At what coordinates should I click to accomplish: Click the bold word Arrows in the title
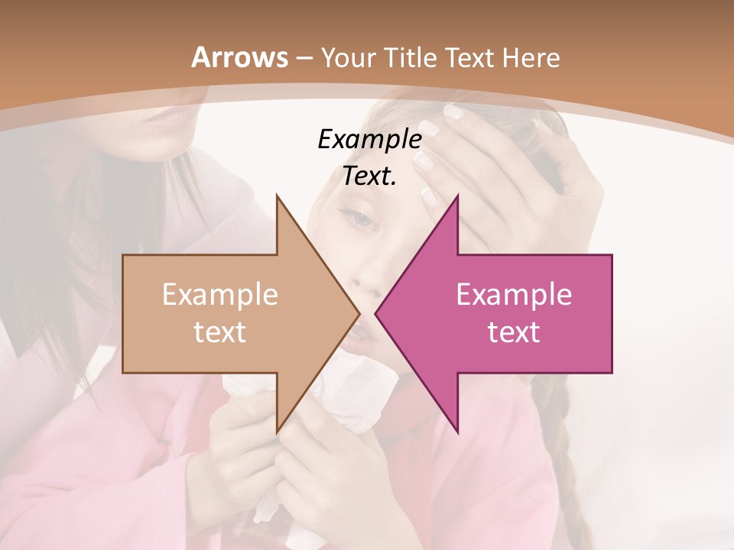pos(239,57)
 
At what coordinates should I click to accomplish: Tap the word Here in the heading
pos(531,57)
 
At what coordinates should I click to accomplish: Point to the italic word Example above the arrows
pos(369,139)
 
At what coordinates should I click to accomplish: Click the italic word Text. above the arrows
pos(369,176)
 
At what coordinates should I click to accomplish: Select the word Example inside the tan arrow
pos(220,294)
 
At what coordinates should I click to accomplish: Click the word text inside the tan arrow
pos(220,332)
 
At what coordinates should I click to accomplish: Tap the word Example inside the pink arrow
pos(514,294)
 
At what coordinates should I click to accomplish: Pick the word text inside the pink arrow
pos(514,332)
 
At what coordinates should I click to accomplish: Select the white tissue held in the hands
pos(336,405)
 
